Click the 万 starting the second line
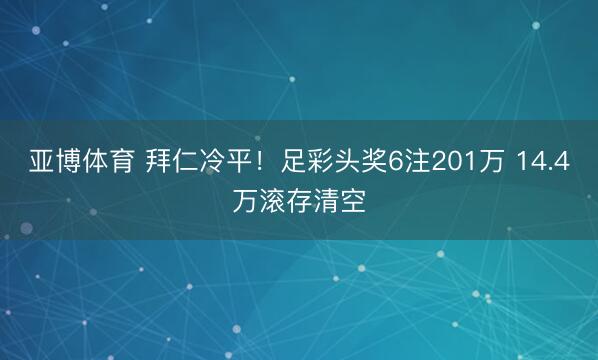coord(243,201)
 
